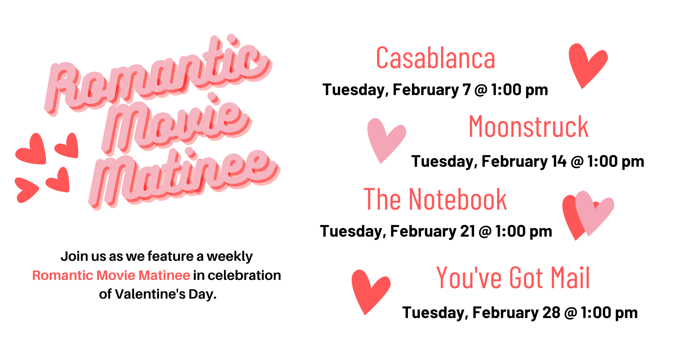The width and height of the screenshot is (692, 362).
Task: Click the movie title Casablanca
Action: pos(435,58)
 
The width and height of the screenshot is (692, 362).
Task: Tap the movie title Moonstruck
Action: pos(528,127)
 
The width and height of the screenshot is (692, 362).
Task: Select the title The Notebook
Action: pos(435,199)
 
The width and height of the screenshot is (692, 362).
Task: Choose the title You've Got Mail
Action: pos(513,278)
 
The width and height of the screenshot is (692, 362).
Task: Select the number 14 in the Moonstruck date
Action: pos(559,161)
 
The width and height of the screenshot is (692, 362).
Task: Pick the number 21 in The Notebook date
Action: pos(468,231)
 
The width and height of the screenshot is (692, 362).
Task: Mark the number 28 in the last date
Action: pos(551,313)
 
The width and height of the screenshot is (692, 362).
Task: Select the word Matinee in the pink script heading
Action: pos(184,178)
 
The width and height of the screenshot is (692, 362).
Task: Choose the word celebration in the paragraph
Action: pos(244,275)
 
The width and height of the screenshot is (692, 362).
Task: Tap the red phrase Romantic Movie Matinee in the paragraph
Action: pos(111,275)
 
